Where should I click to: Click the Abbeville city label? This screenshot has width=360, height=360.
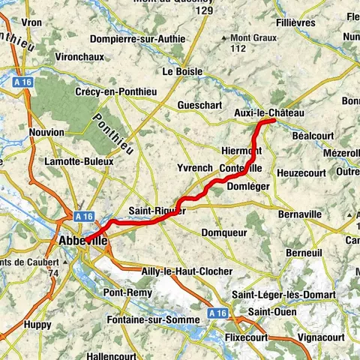coord(82,241)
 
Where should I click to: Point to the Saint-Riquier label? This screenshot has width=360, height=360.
coord(157,211)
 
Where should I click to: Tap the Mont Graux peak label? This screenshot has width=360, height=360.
coord(253,37)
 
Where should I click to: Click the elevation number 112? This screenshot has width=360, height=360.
coord(238,49)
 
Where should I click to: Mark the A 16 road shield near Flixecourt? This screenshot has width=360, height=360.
coord(217,312)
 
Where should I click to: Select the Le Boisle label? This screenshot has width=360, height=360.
coord(183,71)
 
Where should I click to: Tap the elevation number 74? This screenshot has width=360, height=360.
coord(53,274)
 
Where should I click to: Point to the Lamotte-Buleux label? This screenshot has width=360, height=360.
coord(79,160)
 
